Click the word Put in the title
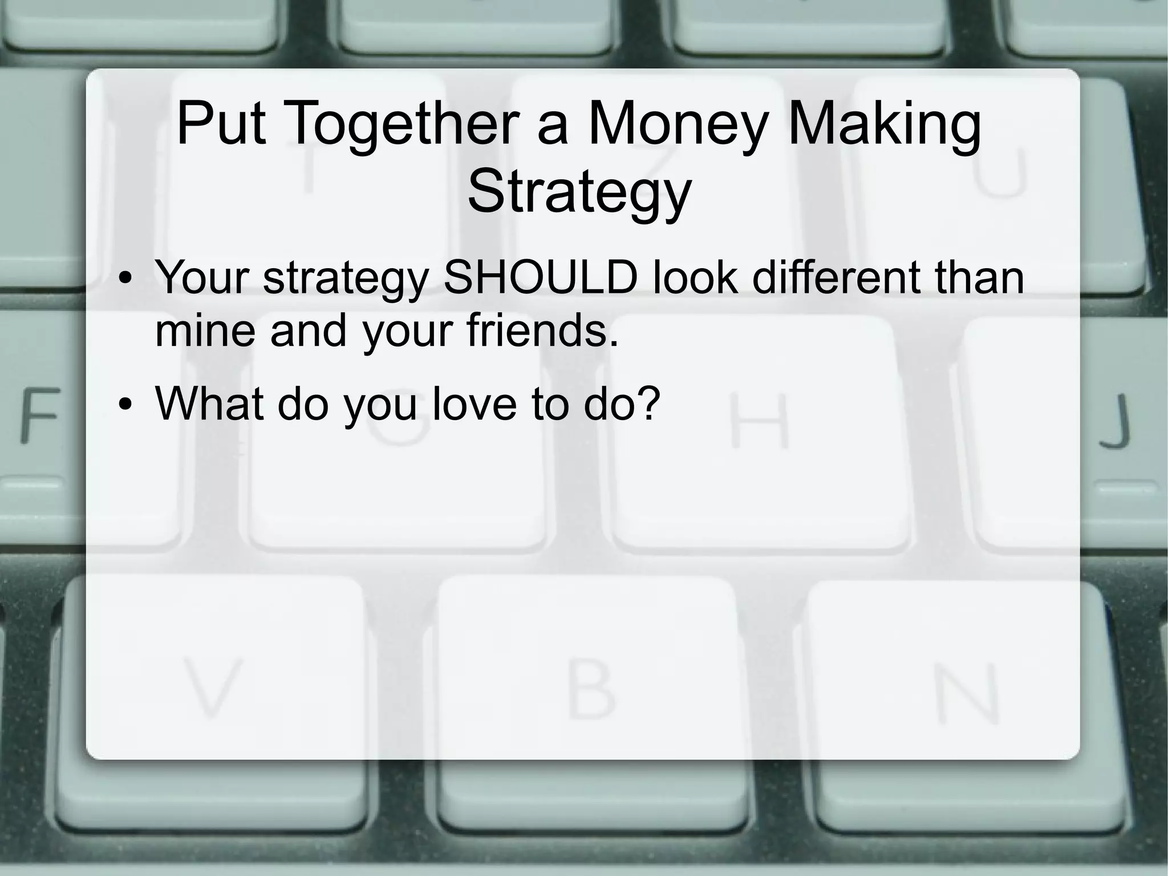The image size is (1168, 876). [x=221, y=123]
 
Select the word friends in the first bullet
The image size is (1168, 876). [x=542, y=331]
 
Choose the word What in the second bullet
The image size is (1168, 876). [x=209, y=403]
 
